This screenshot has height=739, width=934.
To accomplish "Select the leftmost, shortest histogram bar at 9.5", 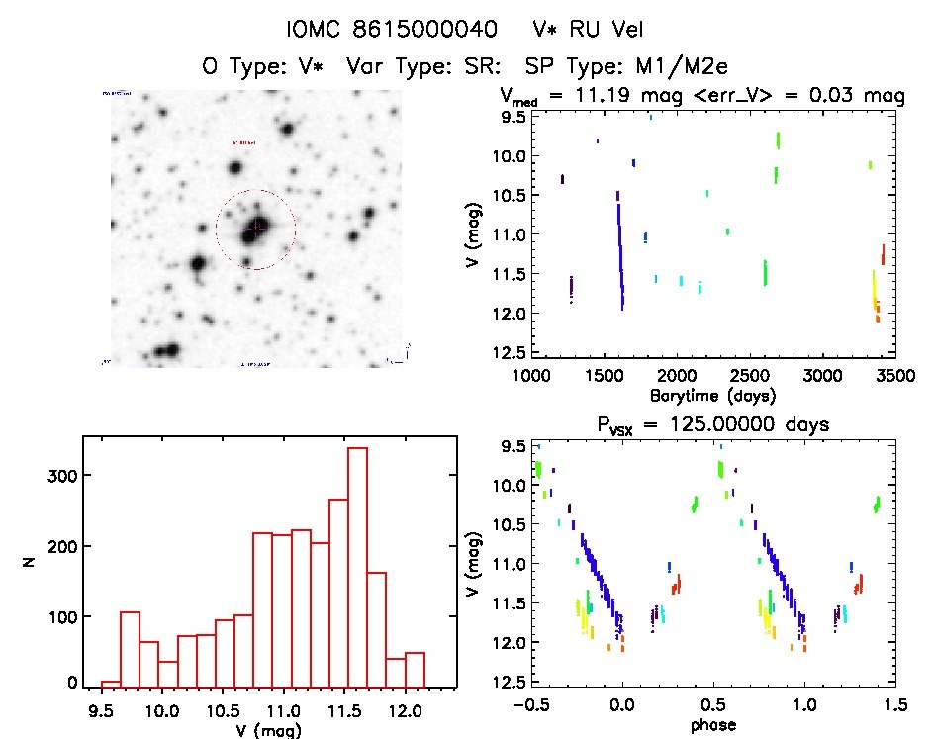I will [111, 683].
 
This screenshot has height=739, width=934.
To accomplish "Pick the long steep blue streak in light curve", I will [620, 252].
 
